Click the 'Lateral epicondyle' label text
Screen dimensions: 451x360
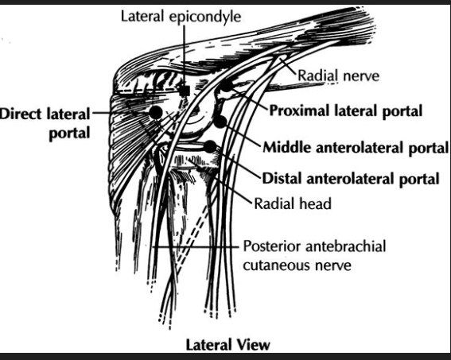coord(181,16)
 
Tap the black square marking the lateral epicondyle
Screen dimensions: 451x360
coord(184,91)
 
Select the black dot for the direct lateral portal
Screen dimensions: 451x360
coord(156,112)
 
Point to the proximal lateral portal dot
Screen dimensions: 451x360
coord(227,85)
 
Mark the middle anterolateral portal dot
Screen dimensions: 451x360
coord(220,122)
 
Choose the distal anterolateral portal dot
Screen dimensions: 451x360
coord(210,146)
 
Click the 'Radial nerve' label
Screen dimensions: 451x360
coord(338,75)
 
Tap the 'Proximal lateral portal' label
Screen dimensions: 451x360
coord(345,110)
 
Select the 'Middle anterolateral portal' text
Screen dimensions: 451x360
coord(356,147)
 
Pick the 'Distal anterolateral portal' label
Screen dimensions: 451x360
coord(351,179)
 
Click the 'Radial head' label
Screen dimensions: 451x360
coord(293,203)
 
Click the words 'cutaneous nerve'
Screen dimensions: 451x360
coord(297,265)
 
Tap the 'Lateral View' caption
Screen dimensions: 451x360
coord(227,344)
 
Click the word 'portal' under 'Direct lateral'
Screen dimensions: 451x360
coord(69,134)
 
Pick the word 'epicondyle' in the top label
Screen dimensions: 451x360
coord(205,17)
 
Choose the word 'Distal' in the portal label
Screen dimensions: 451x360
coord(282,178)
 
